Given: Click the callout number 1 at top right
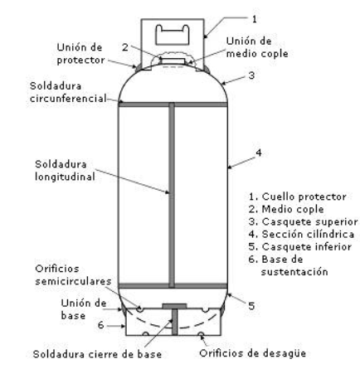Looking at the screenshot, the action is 255,19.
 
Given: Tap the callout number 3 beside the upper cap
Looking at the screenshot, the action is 251,75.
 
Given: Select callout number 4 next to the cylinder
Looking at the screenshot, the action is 259,153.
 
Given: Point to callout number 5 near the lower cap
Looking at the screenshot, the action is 251,306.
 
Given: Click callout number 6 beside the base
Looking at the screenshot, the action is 101,325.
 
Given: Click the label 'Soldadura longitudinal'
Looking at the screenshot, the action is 65,171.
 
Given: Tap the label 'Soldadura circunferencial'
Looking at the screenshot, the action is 68,92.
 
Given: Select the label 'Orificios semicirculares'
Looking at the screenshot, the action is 73,275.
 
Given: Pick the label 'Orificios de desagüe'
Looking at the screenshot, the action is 252,353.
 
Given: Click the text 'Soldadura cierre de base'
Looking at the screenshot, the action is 97,354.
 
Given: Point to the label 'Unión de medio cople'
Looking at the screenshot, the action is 257,47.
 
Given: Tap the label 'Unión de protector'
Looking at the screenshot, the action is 80,54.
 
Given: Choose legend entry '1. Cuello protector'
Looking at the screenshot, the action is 298,197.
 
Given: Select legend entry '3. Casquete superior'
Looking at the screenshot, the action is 303,221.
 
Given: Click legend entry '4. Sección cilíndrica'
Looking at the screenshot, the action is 301,234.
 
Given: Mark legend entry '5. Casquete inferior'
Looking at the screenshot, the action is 299,246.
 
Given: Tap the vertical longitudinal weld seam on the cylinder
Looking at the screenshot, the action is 172,195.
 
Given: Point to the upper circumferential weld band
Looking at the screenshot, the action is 173,104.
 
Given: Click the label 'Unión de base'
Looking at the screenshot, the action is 84,309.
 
